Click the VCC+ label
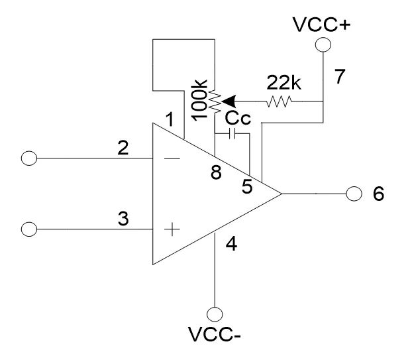coord(321,25)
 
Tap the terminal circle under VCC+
coord(322,44)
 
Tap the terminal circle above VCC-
coord(215,314)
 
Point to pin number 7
coord(339,77)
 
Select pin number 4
coord(231,244)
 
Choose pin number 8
coord(216,174)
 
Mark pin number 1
coord(170,121)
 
